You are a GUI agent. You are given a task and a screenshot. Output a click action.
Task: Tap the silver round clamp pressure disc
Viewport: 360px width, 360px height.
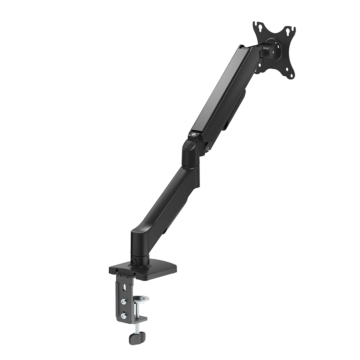pyautogui.click(x=141, y=298)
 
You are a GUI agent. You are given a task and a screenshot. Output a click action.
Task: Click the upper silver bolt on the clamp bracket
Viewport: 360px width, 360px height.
pyautogui.click(x=123, y=301)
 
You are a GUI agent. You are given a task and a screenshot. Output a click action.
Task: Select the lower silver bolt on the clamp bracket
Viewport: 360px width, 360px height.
pyautogui.click(x=123, y=315)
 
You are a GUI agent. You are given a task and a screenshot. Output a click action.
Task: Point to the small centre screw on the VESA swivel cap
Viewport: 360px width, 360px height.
pyautogui.click(x=274, y=51)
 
